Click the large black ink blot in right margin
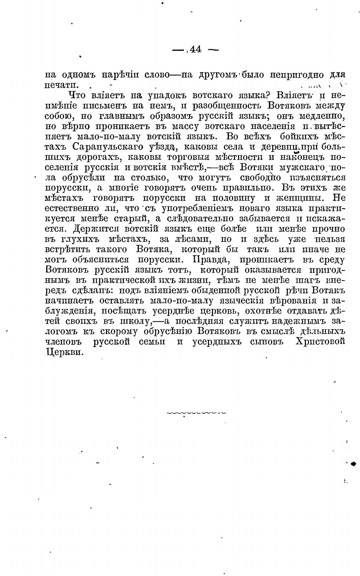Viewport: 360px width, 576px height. tap(353, 464)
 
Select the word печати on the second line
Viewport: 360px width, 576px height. tap(62, 85)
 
